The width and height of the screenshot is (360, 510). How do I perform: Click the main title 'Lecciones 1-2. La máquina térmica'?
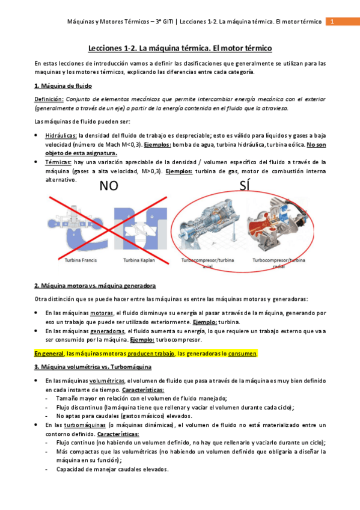click(180, 47)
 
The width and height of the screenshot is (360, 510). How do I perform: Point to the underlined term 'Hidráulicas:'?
click(61, 136)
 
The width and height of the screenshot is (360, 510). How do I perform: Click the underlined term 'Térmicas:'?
click(58, 162)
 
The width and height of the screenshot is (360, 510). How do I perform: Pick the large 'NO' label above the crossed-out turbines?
click(109, 186)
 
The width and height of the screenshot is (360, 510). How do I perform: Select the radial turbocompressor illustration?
click(278, 229)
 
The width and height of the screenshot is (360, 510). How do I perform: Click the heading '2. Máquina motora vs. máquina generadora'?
click(96, 286)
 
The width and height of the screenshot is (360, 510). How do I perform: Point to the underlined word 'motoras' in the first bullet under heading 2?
click(102, 313)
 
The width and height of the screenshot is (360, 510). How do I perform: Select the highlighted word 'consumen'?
click(242, 354)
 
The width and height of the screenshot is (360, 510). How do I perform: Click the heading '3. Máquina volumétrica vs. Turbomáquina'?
click(93, 366)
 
